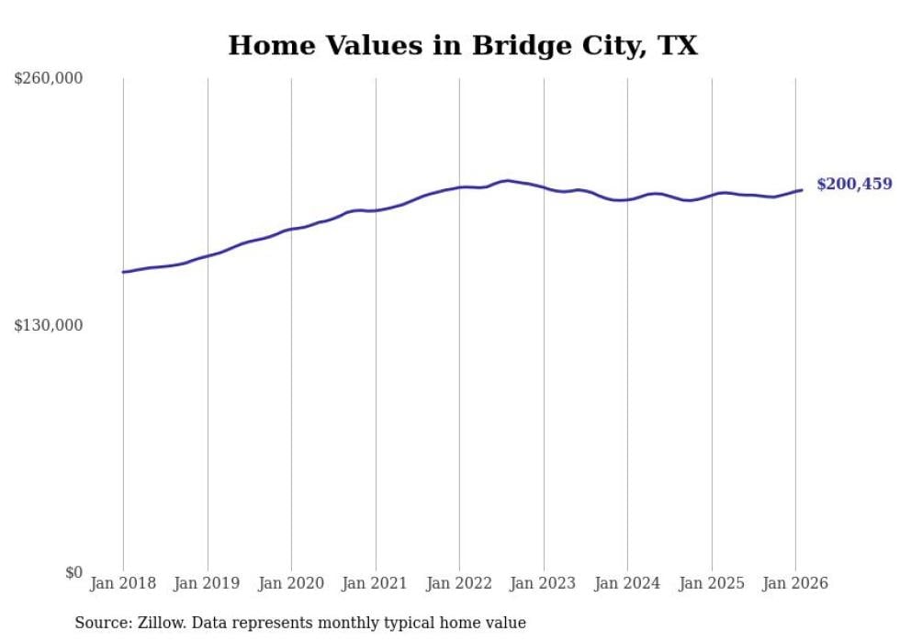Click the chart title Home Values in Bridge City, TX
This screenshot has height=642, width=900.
point(463,46)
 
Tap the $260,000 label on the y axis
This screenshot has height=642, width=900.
point(49,79)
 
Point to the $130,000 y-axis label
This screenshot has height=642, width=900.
point(49,325)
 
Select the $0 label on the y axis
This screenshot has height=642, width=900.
point(73,572)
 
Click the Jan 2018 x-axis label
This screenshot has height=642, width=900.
point(123,583)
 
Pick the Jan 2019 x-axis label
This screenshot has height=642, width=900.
point(207,583)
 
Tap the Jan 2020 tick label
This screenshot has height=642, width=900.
point(291,583)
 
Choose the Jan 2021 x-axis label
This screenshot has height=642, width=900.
point(375,583)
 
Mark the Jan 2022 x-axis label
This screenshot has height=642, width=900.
point(459,583)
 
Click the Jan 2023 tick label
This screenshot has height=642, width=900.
point(543,583)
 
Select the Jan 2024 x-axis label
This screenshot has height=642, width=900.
point(627,583)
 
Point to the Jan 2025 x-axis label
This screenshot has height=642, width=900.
point(711,583)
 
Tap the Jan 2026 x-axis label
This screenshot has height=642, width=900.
point(795,583)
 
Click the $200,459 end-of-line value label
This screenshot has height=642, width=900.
point(854,185)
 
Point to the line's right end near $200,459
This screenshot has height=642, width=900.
point(802,190)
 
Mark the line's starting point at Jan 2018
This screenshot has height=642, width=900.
point(123,272)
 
